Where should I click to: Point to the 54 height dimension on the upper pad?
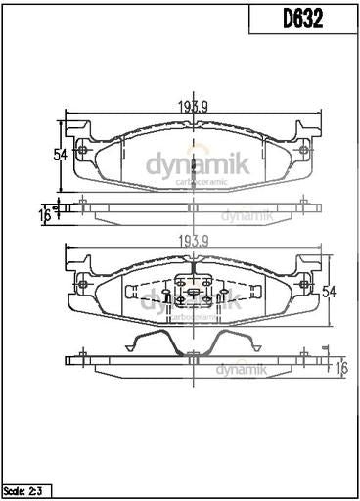(x=59, y=155)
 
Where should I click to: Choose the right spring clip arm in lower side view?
(x=235, y=342)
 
